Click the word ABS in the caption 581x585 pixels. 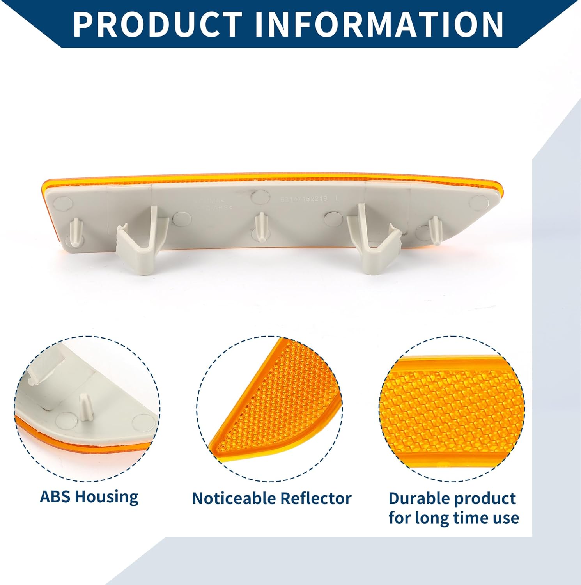[55, 496]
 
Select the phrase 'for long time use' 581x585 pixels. [453, 518]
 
